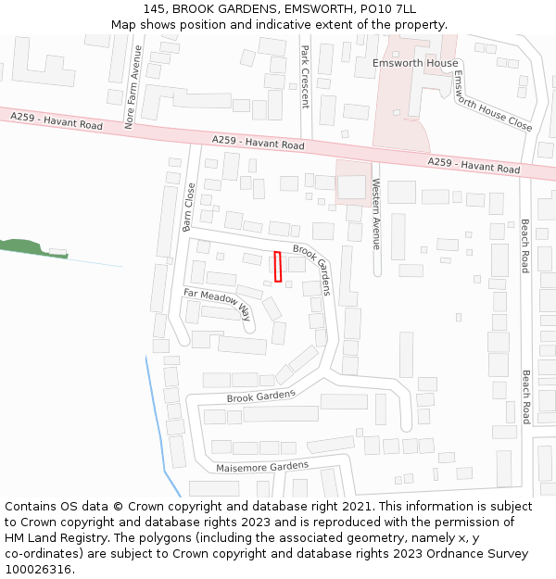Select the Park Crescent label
(304, 78)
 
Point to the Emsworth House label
(414, 63)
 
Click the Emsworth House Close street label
(491, 103)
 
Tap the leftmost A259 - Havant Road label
(57, 120)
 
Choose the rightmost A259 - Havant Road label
(474, 166)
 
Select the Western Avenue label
(376, 213)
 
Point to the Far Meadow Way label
(218, 304)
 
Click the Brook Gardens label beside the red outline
(311, 270)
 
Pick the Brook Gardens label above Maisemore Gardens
(260, 396)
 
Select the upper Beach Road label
(524, 246)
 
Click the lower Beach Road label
(525, 396)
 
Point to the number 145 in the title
(154, 9)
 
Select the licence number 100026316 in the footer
(38, 569)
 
